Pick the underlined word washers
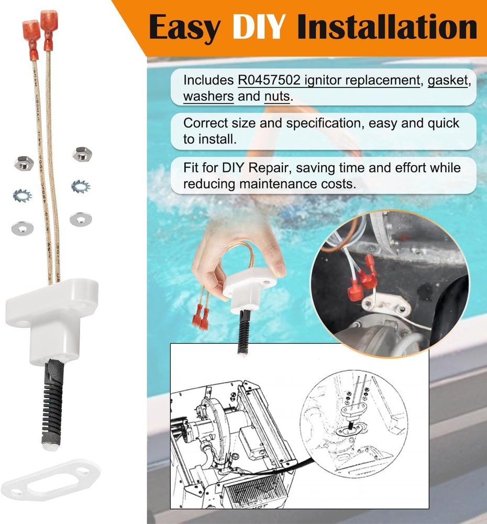(208, 96)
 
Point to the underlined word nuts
(277, 96)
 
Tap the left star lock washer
(23, 195)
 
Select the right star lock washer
(81, 185)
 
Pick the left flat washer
(23, 227)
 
